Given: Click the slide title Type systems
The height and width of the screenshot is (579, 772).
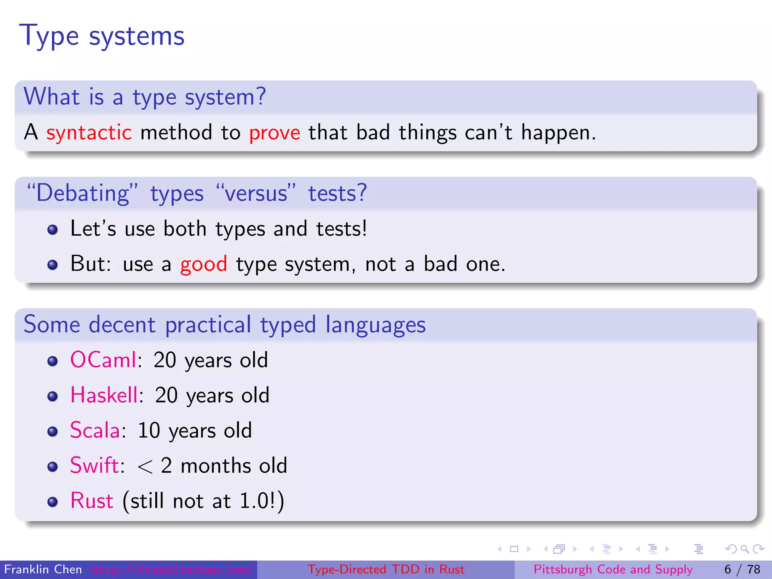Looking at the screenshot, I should point(102,36).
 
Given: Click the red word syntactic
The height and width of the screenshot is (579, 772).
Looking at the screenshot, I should point(89,133).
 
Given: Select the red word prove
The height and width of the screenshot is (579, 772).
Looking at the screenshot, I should point(274,133).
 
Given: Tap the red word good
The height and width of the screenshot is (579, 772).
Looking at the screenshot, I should point(204,264).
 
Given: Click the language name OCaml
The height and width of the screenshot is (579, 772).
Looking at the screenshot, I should point(103,360).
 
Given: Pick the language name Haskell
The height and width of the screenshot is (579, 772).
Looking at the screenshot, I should point(104,395).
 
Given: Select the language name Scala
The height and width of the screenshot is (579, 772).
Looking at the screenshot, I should point(95,430).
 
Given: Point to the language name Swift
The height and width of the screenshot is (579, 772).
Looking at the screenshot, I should point(95,466).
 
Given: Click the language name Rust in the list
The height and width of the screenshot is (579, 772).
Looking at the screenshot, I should point(92,501).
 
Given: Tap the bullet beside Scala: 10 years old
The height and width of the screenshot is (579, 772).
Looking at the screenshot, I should point(53,431).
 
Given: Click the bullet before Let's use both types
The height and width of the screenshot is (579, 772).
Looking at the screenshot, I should point(53,230).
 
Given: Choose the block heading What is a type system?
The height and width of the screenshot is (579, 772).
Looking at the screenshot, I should point(145,97).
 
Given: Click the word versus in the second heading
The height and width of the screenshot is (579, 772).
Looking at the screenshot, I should point(256,193).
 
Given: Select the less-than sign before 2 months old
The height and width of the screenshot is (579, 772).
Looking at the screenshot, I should point(145,467).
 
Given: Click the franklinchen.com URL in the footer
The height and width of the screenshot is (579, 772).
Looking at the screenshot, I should point(172,570).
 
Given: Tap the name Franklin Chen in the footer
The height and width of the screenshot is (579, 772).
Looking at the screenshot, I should point(43,570).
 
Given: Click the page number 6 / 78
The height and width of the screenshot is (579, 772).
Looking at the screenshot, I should point(742,570).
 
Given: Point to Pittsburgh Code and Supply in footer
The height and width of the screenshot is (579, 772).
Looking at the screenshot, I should point(613,570).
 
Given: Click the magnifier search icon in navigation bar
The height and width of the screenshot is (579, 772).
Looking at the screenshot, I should point(744,549).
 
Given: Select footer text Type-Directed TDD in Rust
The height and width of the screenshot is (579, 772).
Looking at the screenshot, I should point(386,570).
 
